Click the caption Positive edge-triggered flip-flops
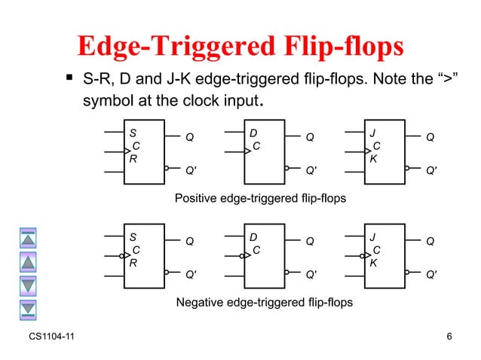click(260, 198)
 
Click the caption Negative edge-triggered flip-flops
click(263, 302)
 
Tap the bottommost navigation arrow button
click(28, 307)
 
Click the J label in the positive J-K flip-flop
click(372, 133)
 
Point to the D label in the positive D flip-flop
click(253, 133)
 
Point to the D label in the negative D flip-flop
click(253, 236)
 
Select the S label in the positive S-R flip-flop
click(133, 133)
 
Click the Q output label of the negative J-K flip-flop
click(430, 241)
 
